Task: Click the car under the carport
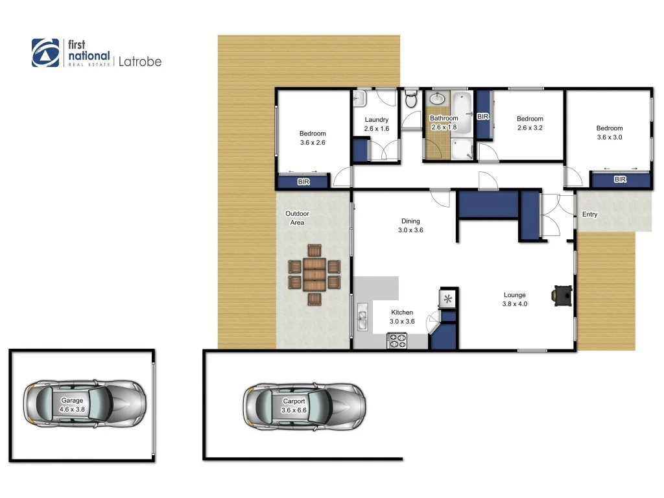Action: click(303, 406)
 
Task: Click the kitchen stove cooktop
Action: click(397, 340)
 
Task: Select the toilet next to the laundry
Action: click(410, 101)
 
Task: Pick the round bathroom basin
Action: click(438, 99)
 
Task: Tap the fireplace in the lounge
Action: click(562, 295)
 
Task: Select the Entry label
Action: click(589, 215)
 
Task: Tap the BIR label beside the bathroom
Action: click(482, 117)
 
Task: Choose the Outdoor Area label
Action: click(297, 218)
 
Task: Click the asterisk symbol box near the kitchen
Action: click(448, 298)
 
